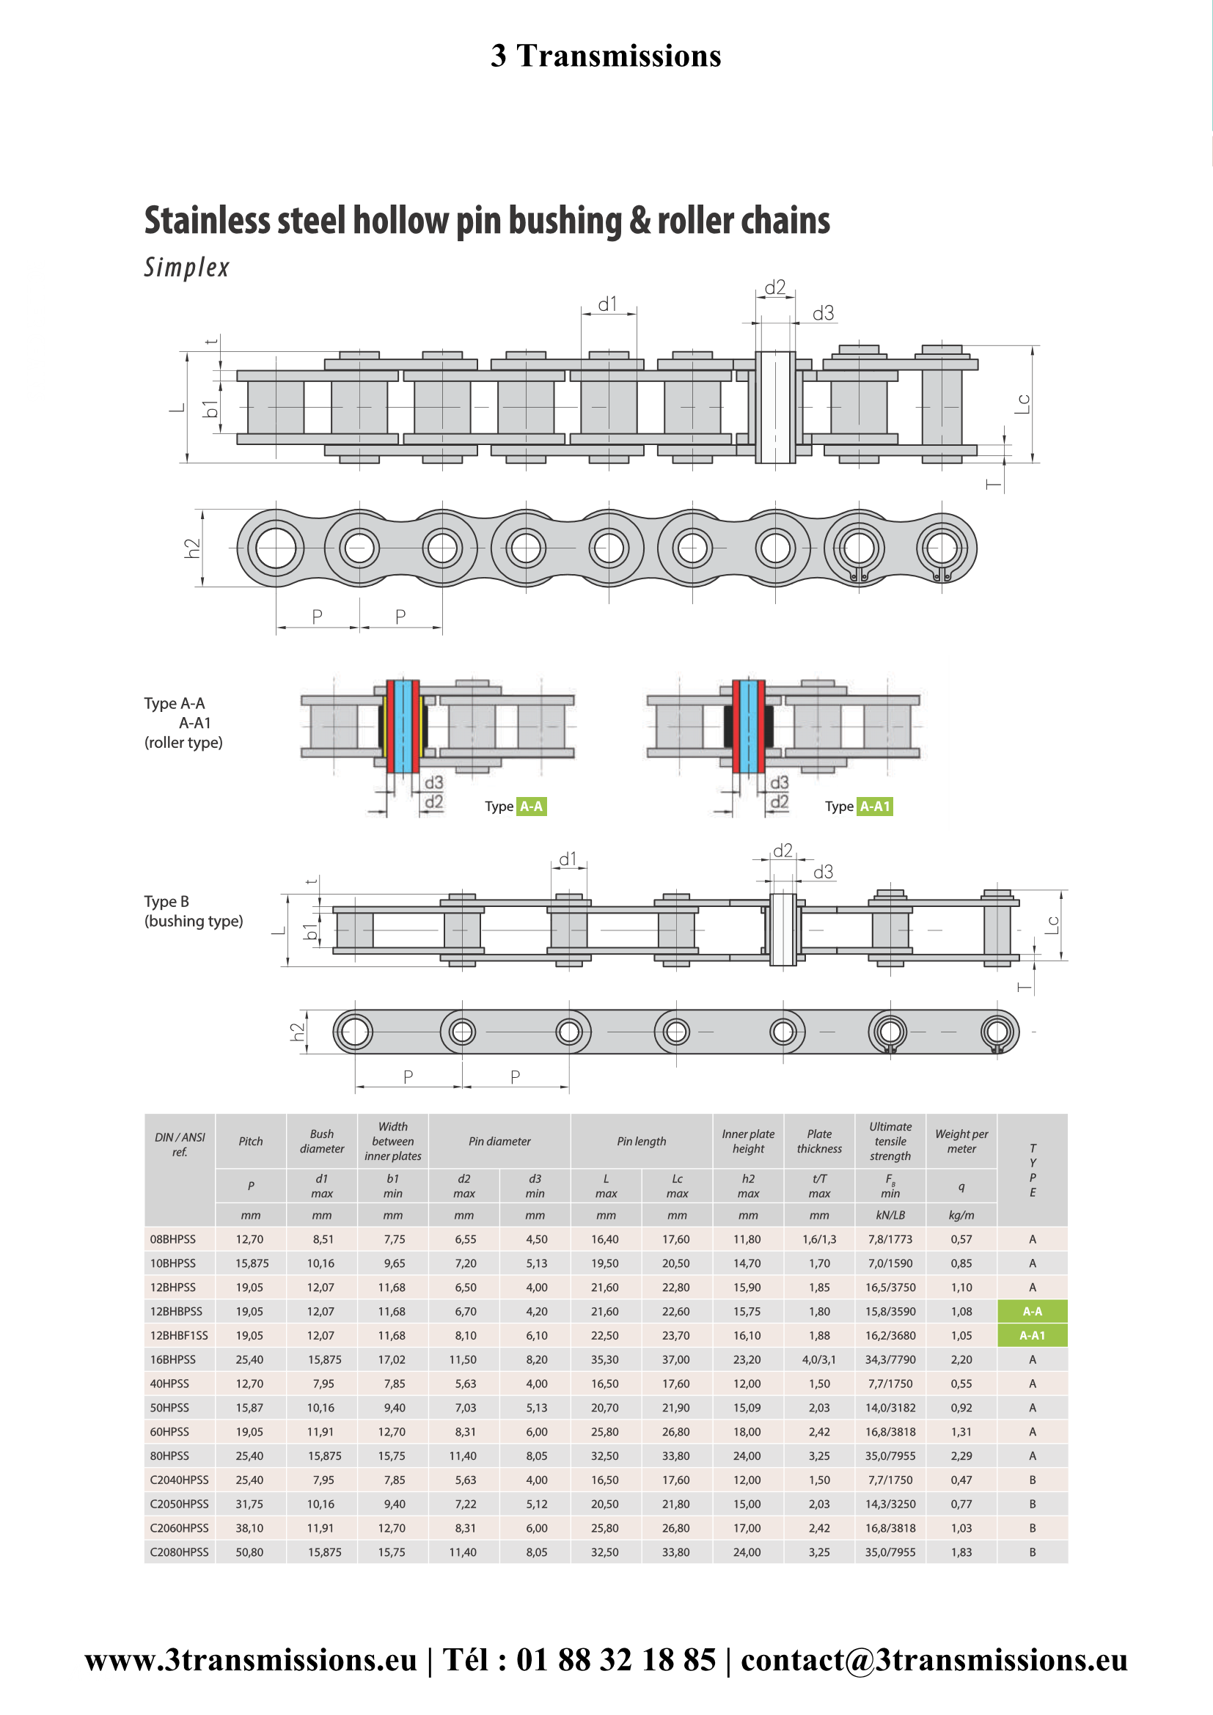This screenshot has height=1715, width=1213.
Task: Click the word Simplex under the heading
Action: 187,268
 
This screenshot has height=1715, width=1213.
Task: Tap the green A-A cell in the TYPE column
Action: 1033,1311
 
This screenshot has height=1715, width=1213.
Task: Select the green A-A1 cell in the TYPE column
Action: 1033,1334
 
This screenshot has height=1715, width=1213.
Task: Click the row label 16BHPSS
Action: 172,1359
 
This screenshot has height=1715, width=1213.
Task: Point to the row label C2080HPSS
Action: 179,1551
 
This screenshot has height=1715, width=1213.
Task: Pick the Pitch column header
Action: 251,1142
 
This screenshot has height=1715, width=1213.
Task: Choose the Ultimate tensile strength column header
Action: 890,1141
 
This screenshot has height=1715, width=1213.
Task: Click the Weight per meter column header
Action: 961,1142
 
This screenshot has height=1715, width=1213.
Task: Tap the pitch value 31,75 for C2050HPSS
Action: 249,1504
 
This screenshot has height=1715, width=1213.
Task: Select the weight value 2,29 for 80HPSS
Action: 961,1456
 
